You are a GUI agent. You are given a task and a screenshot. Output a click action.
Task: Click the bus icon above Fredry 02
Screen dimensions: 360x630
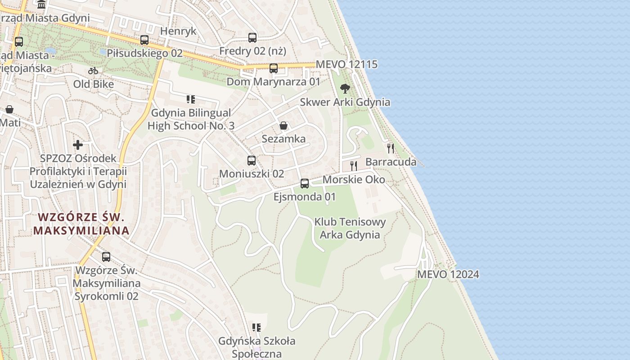pyautogui.click(x=252, y=37)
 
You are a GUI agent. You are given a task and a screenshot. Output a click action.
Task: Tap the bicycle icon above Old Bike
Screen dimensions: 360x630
pyautogui.click(x=93, y=71)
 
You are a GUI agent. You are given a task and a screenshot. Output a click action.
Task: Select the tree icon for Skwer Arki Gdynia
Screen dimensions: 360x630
pyautogui.click(x=345, y=88)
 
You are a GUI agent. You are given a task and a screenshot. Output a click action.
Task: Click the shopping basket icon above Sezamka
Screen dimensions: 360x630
pyautogui.click(x=283, y=125)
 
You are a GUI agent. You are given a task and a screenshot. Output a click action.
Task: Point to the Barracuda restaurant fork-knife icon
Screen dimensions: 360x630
pyautogui.click(x=391, y=148)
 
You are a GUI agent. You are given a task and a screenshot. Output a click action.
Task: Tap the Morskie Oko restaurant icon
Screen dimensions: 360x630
pyautogui.click(x=354, y=166)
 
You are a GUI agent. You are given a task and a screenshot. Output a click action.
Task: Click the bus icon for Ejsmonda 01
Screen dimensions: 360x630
pyautogui.click(x=305, y=183)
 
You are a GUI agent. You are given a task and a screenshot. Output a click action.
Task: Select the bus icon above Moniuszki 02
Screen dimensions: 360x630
pyautogui.click(x=252, y=160)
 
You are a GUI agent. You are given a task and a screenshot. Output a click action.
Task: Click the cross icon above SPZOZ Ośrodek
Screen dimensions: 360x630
pyautogui.click(x=78, y=145)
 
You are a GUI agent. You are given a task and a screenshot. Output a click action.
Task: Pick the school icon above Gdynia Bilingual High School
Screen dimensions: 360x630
pyautogui.click(x=191, y=99)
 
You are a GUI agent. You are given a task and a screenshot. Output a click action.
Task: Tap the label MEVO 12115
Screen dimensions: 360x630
pyautogui.click(x=346, y=64)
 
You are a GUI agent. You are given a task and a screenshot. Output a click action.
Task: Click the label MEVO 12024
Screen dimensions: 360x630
pyautogui.click(x=448, y=274)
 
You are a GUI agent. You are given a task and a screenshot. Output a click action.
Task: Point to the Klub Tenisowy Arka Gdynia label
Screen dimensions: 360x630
pyautogui.click(x=350, y=228)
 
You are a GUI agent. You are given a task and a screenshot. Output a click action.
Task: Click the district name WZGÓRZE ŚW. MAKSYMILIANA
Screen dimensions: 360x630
pyautogui.click(x=81, y=224)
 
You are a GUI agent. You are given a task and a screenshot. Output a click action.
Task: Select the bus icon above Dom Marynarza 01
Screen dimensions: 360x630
pyautogui.click(x=274, y=68)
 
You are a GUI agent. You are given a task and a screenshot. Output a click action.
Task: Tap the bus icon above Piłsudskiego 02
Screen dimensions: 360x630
pyautogui.click(x=144, y=40)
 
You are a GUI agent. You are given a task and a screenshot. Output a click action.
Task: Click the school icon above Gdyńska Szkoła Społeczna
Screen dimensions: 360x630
pyautogui.click(x=256, y=327)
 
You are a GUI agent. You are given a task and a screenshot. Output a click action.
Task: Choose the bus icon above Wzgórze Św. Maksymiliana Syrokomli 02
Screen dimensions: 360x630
pyautogui.click(x=106, y=256)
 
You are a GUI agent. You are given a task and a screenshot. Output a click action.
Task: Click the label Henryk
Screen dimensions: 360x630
pyautogui.click(x=179, y=31)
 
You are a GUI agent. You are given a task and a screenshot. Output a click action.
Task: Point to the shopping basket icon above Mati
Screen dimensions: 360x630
pyautogui.click(x=9, y=109)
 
